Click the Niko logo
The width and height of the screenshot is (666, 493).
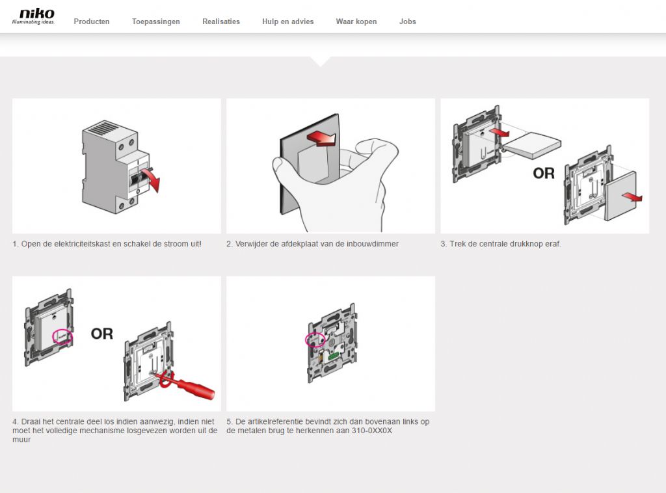33,16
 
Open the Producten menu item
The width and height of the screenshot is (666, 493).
92,21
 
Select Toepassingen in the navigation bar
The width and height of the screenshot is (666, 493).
156,21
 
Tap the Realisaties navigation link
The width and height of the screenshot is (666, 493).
221,21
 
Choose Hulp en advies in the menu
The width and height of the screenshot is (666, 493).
288,21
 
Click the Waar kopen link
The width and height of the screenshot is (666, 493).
356,21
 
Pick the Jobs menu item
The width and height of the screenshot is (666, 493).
408,21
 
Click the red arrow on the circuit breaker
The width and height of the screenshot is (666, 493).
152,178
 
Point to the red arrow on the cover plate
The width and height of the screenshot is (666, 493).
321,138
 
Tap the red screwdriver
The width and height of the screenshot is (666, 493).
187,385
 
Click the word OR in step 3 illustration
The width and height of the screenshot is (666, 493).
544,173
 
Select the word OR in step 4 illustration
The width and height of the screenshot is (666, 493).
102,334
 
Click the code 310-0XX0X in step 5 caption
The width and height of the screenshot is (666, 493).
372,431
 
